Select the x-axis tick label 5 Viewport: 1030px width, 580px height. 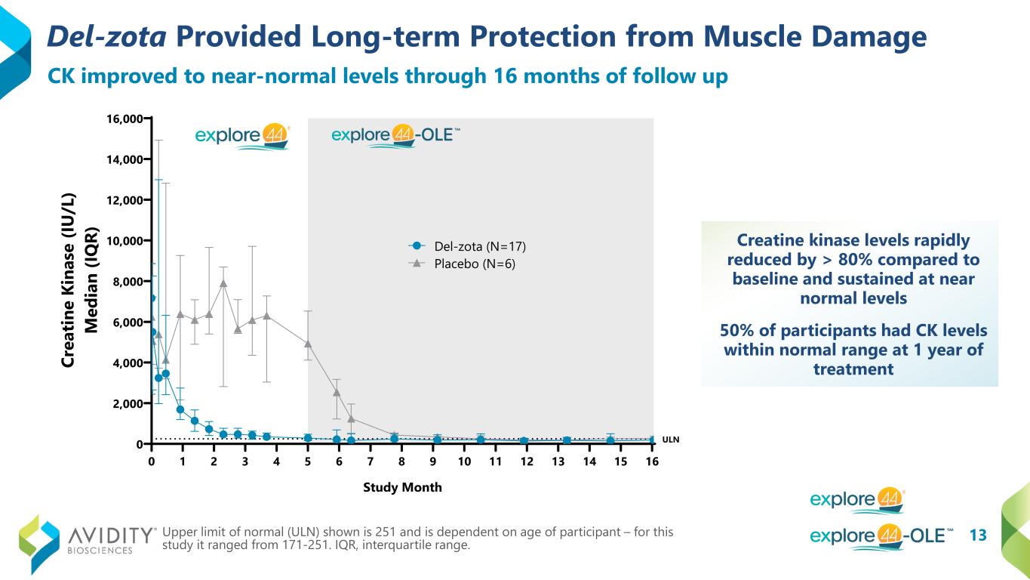coord(308,461)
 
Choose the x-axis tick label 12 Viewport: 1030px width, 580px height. coord(526,461)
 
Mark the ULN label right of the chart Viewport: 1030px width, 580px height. coord(670,440)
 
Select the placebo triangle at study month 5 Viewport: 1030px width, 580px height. coord(308,344)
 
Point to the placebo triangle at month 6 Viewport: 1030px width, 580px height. coord(337,392)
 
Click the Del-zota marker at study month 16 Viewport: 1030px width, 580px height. coord(652,440)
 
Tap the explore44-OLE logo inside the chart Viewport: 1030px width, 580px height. coord(395,136)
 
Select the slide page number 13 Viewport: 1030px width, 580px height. coord(977,535)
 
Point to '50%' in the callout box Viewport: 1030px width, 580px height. coord(741,332)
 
